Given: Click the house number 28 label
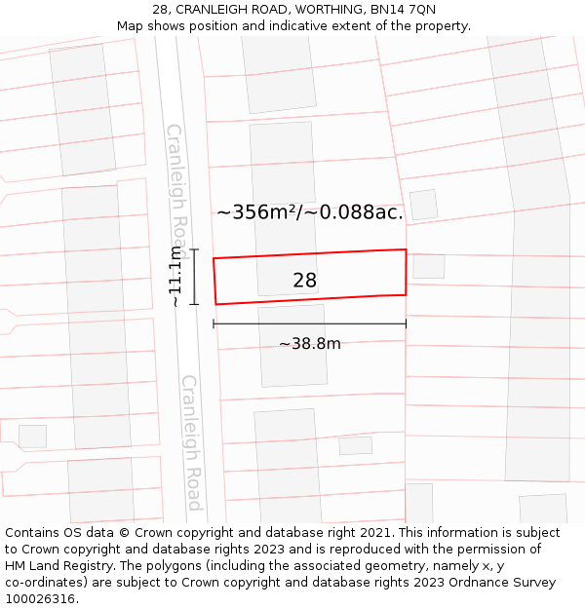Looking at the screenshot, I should (x=304, y=281).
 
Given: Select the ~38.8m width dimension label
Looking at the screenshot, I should (x=309, y=344).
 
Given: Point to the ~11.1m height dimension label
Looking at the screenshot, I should (x=175, y=276).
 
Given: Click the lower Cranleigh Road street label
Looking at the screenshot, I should (x=191, y=443).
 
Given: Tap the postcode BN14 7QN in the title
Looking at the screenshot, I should (x=402, y=10).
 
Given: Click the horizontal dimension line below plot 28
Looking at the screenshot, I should (x=309, y=324).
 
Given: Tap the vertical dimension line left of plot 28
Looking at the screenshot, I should (x=194, y=277).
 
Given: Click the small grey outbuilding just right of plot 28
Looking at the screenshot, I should (x=428, y=266).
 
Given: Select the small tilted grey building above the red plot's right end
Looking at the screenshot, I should (x=423, y=205).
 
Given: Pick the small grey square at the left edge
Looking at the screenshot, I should (x=32, y=436).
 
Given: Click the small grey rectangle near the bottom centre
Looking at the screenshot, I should (x=355, y=445).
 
